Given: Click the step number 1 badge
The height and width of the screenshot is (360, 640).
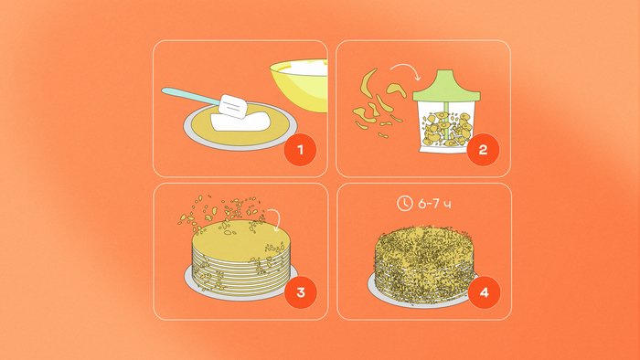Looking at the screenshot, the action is pyautogui.click(x=301, y=150).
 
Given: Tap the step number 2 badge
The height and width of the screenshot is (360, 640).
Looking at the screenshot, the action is pyautogui.click(x=483, y=150).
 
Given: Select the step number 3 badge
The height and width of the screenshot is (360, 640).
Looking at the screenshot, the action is pyautogui.click(x=301, y=292).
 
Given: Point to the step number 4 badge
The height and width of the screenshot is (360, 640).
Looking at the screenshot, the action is pyautogui.click(x=484, y=292).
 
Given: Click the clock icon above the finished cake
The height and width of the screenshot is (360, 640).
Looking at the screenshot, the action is pyautogui.click(x=404, y=203).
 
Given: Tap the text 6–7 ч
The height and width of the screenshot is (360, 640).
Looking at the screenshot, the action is pyautogui.click(x=434, y=204).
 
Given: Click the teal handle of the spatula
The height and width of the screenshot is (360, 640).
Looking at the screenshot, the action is pyautogui.click(x=190, y=96).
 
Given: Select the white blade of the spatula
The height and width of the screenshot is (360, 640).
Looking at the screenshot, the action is pyautogui.click(x=232, y=106).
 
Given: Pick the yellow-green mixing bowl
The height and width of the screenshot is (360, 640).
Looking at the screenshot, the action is pyautogui.click(x=299, y=86).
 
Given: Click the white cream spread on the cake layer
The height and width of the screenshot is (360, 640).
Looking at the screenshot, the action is pyautogui.click(x=240, y=122).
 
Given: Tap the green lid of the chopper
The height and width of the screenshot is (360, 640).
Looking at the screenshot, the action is pyautogui.click(x=446, y=86).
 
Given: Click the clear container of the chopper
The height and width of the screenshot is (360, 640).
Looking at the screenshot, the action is pyautogui.click(x=446, y=127).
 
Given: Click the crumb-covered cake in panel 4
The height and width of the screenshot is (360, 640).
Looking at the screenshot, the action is pyautogui.click(x=424, y=265).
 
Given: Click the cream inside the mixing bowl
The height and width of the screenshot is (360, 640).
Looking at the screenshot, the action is pyautogui.click(x=304, y=68).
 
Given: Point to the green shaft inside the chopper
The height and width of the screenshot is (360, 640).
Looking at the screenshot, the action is pyautogui.click(x=446, y=122).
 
